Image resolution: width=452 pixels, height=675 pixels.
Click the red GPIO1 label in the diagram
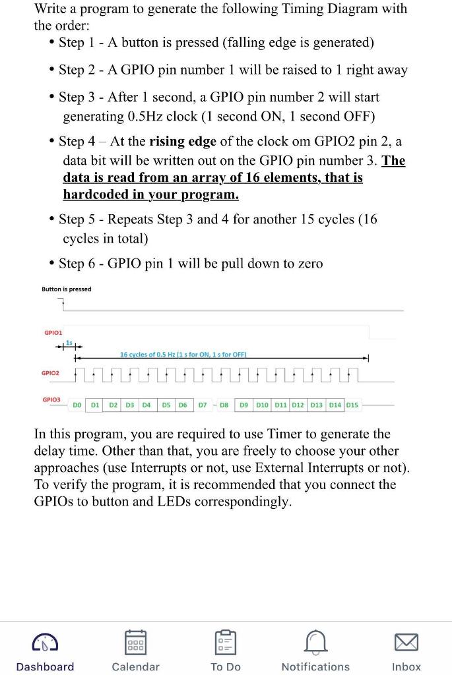pos(53,333)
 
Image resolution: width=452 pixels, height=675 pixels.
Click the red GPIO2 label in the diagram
pos(50,372)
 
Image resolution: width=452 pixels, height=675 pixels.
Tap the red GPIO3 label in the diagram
pos(51,399)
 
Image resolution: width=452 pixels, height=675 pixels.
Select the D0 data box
pos(77,405)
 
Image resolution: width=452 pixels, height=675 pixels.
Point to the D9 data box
pos(243,405)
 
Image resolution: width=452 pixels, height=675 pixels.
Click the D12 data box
pos(298,405)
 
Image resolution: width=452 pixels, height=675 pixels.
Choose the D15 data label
pos(352,405)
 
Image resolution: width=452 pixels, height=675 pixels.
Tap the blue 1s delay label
pos(69,342)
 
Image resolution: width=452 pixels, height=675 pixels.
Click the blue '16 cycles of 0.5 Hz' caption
pos(183,355)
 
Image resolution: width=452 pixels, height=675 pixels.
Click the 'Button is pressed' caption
pos(66,289)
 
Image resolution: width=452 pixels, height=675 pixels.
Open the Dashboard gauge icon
pos(45,641)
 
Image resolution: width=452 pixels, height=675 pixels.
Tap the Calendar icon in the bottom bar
pos(135,641)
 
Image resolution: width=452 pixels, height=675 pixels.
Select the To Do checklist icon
pos(226,641)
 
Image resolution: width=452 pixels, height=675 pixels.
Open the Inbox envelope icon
pos(406,641)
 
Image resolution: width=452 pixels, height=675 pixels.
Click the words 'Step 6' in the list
pos(80,264)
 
